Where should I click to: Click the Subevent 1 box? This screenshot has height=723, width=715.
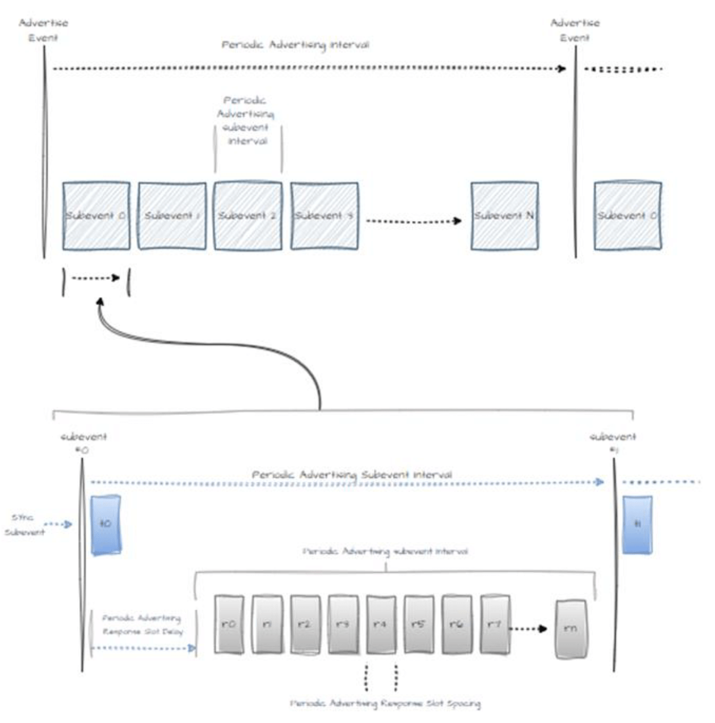(172, 216)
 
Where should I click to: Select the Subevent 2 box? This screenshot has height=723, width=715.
(247, 216)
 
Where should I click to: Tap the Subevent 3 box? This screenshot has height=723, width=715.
(324, 216)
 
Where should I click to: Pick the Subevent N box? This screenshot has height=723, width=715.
(504, 216)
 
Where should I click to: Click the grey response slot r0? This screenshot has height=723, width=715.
(229, 625)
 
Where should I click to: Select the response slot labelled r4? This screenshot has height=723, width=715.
(380, 625)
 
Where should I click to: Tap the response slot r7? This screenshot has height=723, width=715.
(494, 625)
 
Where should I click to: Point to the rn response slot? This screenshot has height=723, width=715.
(570, 629)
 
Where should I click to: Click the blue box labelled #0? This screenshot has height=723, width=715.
(106, 525)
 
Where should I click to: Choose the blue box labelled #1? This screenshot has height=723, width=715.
(637, 525)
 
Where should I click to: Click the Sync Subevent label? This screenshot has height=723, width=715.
(24, 525)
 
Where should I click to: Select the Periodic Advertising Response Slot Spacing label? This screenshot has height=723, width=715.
(385, 703)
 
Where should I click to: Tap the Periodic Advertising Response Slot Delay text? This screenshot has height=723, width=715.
(142, 625)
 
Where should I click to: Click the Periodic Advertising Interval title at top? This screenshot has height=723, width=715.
(295, 45)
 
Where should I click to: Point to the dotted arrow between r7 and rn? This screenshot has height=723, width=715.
(528, 629)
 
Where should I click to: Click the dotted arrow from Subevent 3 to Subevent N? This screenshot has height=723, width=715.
(413, 221)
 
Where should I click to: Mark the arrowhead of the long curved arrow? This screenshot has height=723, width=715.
(101, 302)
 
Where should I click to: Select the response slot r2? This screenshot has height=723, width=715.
(305, 625)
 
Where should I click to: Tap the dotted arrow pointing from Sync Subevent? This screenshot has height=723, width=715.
(58, 524)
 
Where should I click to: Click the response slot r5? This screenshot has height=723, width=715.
(418, 625)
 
